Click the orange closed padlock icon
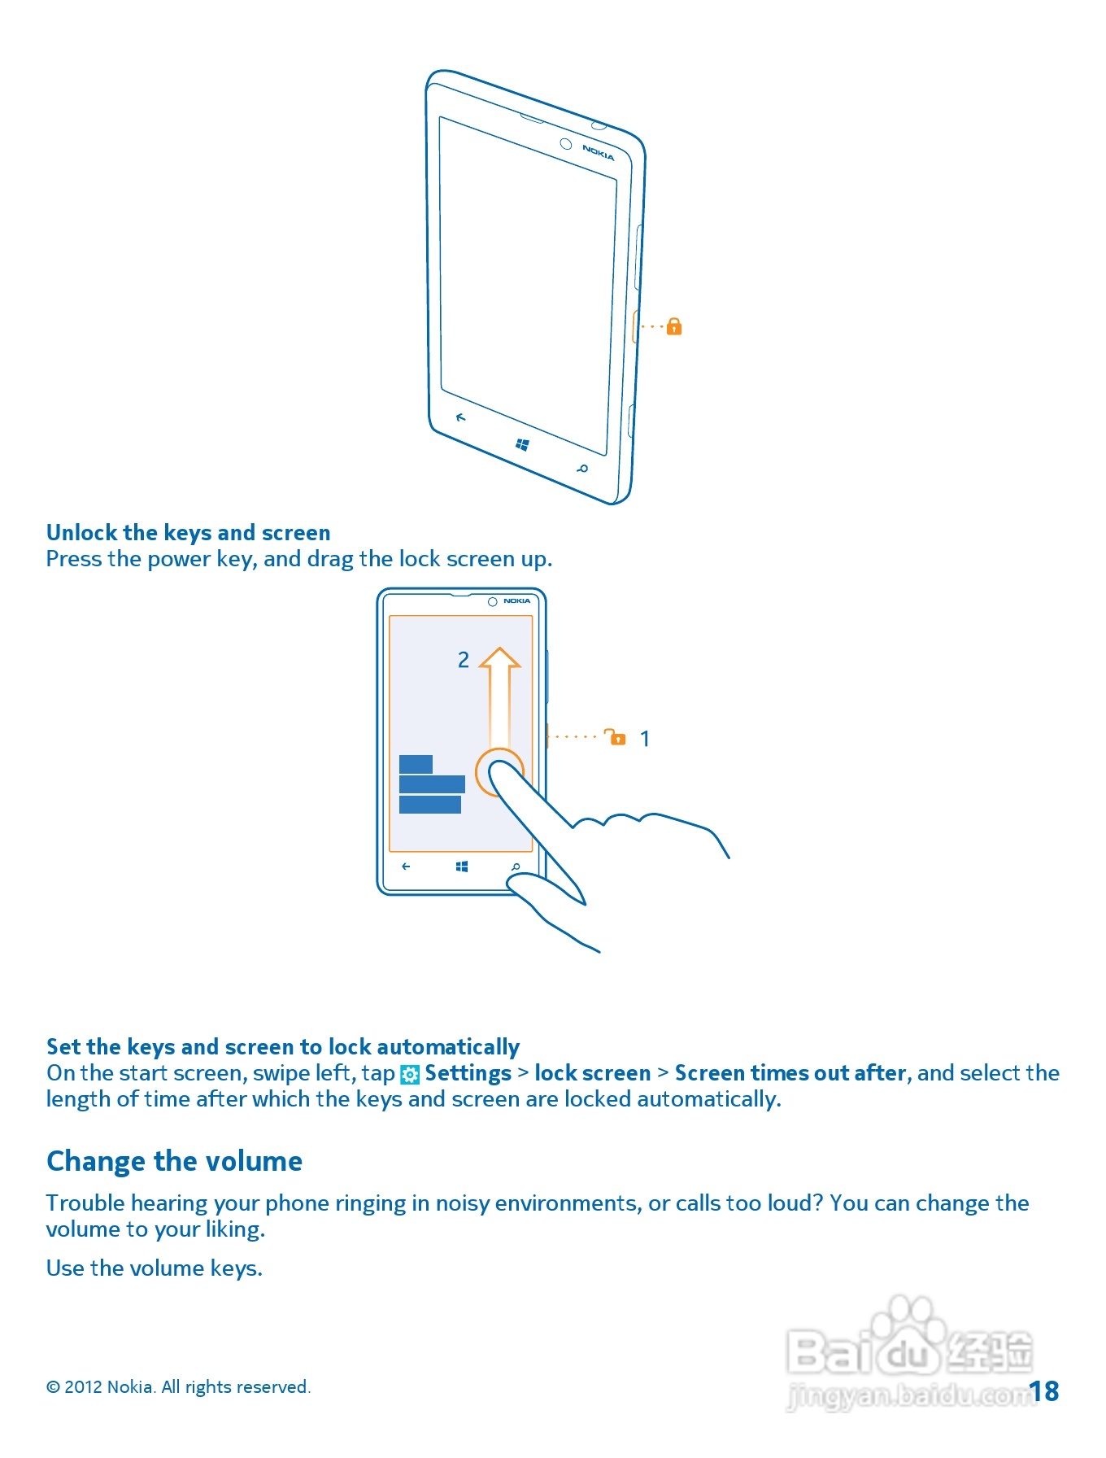[x=674, y=327]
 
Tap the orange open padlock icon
[x=616, y=737]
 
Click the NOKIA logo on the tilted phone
[x=598, y=152]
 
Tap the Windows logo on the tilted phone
[x=523, y=444]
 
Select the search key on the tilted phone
[x=582, y=469]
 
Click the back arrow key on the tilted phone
[x=461, y=417]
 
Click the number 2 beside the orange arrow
[x=464, y=660]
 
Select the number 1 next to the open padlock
[x=645, y=739]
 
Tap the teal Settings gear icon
[x=410, y=1075]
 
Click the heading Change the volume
[x=174, y=1161]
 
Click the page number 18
[x=1044, y=1391]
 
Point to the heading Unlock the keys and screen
[x=188, y=533]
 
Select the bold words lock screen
[x=593, y=1073]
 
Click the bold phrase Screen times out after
[x=790, y=1073]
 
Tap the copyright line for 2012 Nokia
[x=178, y=1387]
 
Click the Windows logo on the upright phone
[x=462, y=867]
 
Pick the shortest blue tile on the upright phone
[x=416, y=764]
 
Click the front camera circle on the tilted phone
[x=566, y=144]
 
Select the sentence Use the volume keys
[x=155, y=1268]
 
